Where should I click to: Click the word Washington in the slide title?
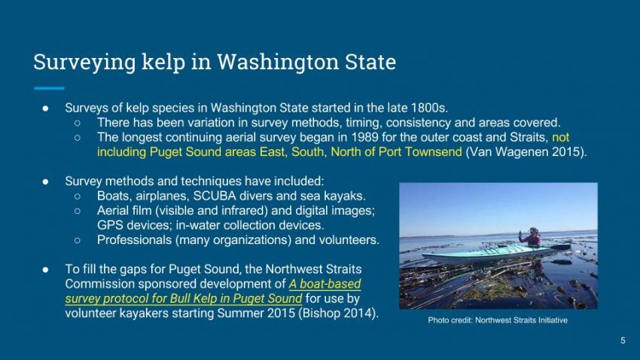[278, 63]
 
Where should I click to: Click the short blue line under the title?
[49, 88]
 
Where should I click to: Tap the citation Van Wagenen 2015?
[526, 152]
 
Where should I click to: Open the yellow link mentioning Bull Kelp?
[212, 291]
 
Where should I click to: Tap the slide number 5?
[623, 340]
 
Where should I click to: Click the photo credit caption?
[498, 320]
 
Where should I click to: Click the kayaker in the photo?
[532, 237]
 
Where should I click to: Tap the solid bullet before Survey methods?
[46, 182]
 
